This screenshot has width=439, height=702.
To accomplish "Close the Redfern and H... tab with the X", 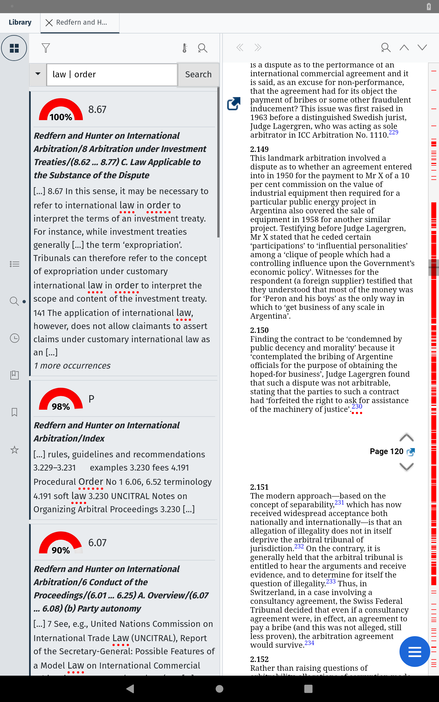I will pyautogui.click(x=49, y=23).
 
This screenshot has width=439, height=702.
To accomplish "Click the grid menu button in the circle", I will pyautogui.click(x=14, y=48).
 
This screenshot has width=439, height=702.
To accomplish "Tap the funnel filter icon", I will pyautogui.click(x=46, y=48).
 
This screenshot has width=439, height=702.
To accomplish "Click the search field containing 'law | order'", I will pyautogui.click(x=112, y=75).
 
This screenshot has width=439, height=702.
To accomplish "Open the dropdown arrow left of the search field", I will pyautogui.click(x=38, y=74).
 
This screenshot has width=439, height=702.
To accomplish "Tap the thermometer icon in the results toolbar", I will pyautogui.click(x=185, y=48).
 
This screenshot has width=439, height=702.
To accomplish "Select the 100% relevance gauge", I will pyautogui.click(x=61, y=110).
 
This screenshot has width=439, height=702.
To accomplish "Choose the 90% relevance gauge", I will pyautogui.click(x=61, y=543).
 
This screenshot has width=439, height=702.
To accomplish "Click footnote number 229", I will pyautogui.click(x=393, y=132).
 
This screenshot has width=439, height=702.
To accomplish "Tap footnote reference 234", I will pyautogui.click(x=309, y=643).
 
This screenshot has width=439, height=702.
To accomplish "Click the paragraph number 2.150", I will pyautogui.click(x=259, y=330).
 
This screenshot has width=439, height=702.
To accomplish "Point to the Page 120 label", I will pyautogui.click(x=386, y=451).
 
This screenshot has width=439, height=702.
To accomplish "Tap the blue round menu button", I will pyautogui.click(x=414, y=651).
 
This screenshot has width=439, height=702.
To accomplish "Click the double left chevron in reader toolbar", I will pyautogui.click(x=240, y=47).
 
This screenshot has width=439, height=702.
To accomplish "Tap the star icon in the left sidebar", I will pyautogui.click(x=15, y=450).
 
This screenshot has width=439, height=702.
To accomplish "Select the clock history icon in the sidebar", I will pyautogui.click(x=15, y=338).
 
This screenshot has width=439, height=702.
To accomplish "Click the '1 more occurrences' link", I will pyautogui.click(x=72, y=366).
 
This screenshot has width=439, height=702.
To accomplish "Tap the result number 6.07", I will pyautogui.click(x=97, y=543).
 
